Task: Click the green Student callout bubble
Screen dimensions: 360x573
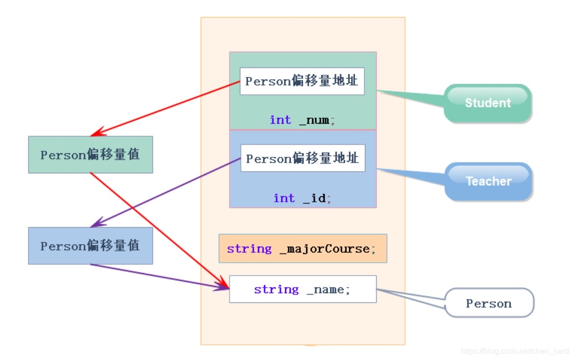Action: pos(487,103)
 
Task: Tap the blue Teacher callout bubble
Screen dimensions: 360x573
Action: pos(488,181)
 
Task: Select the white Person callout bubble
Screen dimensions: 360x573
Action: pos(488,303)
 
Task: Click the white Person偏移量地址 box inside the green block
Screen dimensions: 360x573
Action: pos(302,81)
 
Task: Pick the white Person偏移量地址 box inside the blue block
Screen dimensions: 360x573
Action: pos(302,158)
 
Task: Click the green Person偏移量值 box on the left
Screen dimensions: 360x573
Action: pos(90,155)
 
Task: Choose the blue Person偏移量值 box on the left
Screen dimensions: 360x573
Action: pos(90,246)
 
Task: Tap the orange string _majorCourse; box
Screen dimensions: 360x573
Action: pos(302,249)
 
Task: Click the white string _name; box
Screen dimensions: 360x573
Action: pos(302,289)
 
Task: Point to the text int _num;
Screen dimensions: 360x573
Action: pos(302,120)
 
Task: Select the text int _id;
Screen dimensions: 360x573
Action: pos(302,198)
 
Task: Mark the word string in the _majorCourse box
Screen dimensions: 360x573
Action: pos(249,249)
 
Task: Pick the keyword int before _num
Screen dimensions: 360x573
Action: pos(280,120)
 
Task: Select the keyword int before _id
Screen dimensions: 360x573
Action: pos(284,198)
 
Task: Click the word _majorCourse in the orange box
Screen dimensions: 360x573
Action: pos(325,249)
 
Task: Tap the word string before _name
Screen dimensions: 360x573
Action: pos(276,290)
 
